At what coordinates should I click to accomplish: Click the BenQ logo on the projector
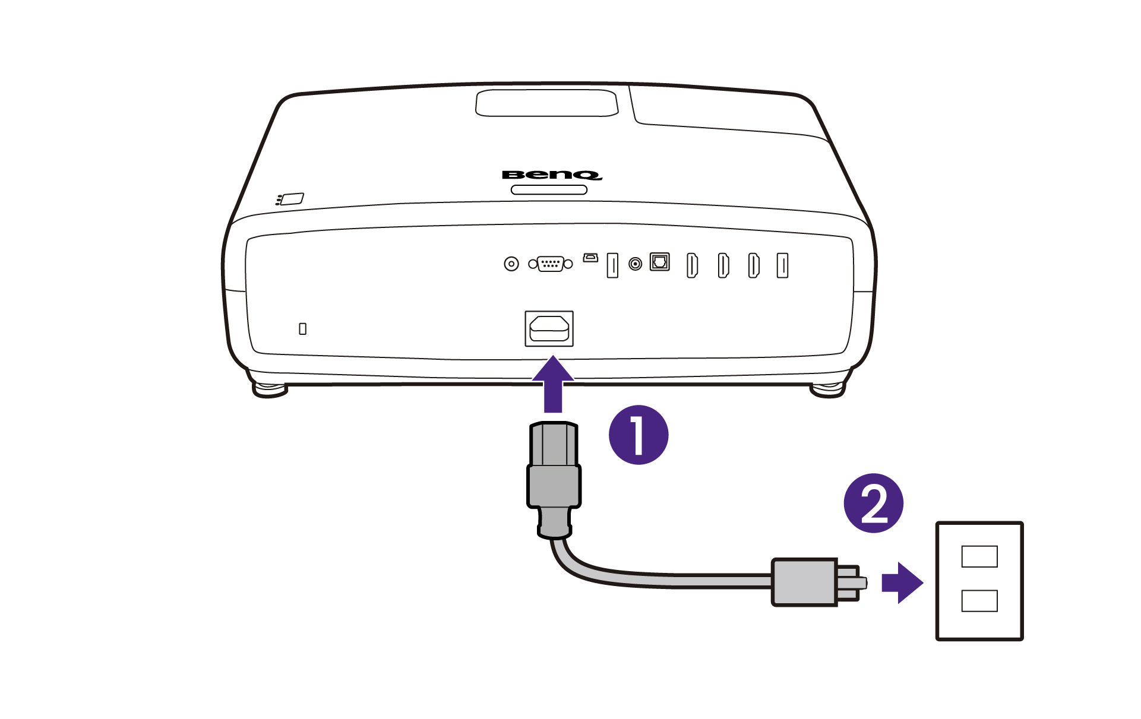point(552,175)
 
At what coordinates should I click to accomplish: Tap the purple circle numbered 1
point(639,435)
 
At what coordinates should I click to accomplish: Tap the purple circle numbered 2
point(873,503)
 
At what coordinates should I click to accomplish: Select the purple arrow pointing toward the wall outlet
point(902,582)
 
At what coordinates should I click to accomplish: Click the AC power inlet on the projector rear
point(549,328)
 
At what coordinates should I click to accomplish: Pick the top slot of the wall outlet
point(979,556)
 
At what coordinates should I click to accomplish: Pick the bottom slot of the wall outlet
point(979,601)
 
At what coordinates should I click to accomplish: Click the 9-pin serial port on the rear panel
point(551,264)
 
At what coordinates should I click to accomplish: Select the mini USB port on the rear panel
point(590,258)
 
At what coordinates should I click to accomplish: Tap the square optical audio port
point(659,262)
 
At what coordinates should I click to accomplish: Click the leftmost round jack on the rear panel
point(511,264)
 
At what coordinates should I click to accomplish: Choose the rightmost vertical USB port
point(782,265)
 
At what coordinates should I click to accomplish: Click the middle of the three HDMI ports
point(723,265)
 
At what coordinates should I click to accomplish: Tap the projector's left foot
point(270,390)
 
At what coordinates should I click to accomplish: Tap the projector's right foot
point(827,390)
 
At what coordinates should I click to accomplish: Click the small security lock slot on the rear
point(302,328)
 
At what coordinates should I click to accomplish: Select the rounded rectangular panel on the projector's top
point(546,103)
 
